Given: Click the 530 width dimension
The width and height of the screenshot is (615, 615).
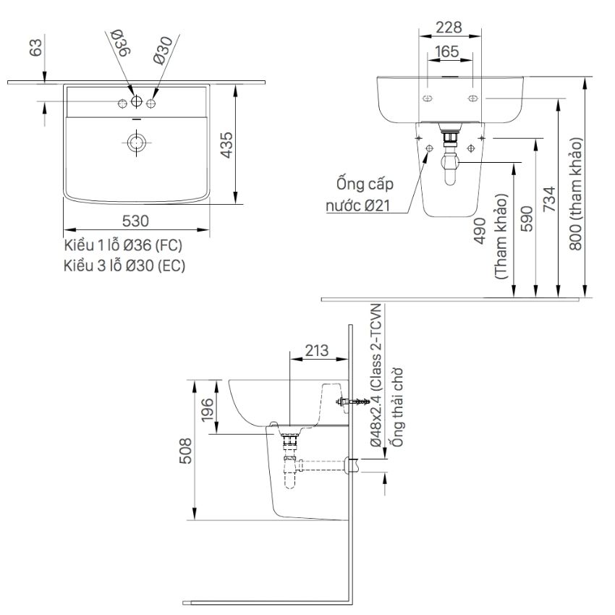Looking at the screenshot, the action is [135, 221].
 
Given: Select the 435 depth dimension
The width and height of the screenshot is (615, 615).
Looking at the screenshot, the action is [226, 145].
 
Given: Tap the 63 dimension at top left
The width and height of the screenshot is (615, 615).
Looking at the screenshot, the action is [35, 47].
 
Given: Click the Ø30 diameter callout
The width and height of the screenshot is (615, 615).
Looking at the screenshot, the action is [164, 50].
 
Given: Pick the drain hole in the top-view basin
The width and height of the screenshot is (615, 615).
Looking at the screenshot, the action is [136, 142].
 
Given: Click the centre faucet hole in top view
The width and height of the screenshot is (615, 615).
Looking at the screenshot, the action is [136, 101].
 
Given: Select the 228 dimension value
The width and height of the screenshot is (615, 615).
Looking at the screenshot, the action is [449, 27].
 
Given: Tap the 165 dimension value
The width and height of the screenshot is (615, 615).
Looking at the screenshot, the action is [446, 51].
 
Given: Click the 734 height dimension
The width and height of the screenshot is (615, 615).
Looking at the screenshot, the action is [549, 199].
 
